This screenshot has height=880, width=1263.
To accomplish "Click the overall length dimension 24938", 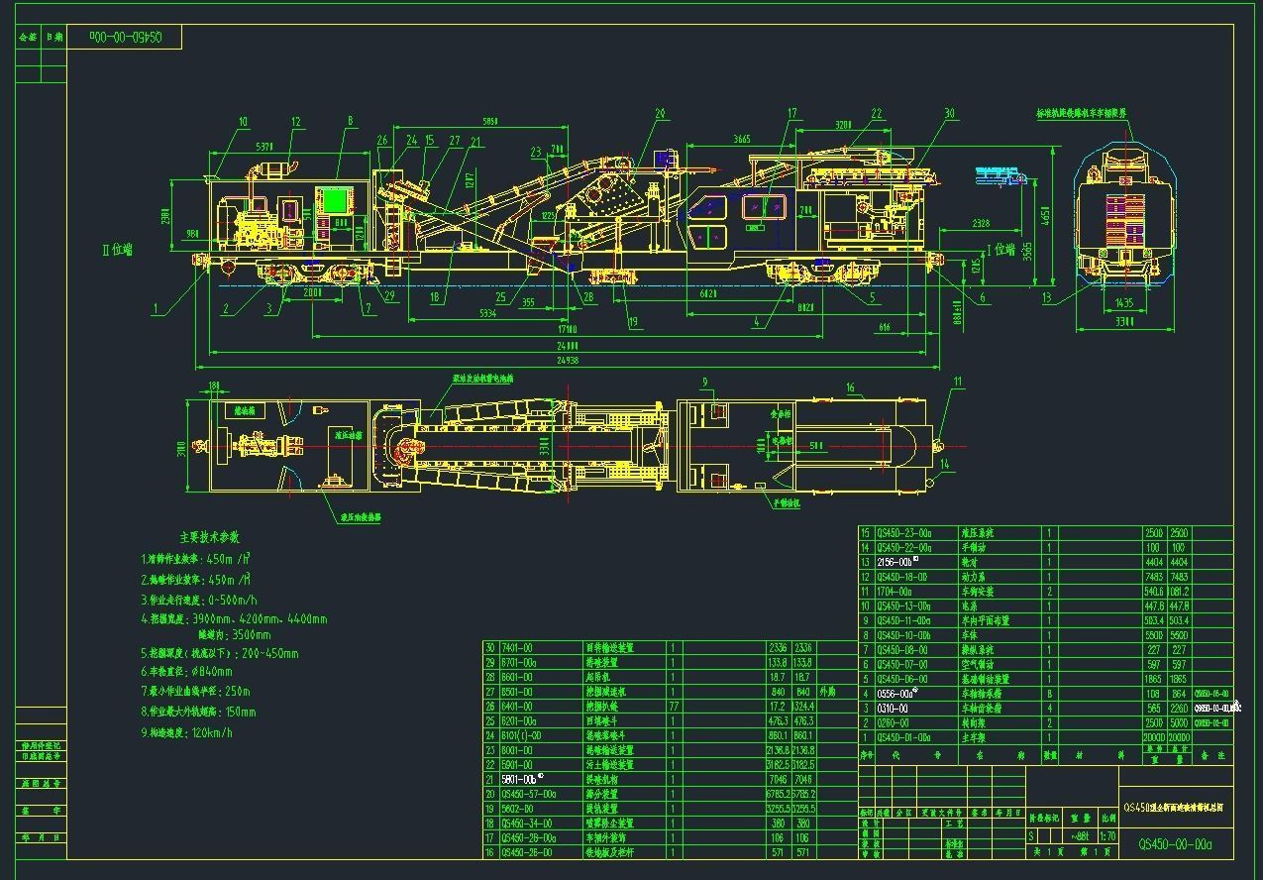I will click(x=568, y=361).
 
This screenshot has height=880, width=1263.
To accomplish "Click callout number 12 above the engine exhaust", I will click(x=295, y=123).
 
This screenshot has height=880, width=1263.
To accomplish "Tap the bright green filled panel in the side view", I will click(x=337, y=200).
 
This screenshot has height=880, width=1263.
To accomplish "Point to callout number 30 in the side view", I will click(x=949, y=114).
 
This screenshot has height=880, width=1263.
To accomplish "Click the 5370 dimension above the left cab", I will click(x=265, y=147).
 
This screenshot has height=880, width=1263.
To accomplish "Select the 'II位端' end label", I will click(x=117, y=250).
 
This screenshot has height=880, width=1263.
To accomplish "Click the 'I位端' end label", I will click(x=1002, y=250).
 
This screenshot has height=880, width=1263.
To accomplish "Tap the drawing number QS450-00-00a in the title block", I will click(x=1175, y=844).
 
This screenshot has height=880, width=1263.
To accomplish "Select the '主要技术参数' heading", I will click(x=209, y=537).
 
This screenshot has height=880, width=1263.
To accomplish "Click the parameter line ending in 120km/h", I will click(x=194, y=732).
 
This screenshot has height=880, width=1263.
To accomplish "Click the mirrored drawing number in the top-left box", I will click(x=124, y=38).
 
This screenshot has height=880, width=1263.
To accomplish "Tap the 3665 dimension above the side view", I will click(x=742, y=140).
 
